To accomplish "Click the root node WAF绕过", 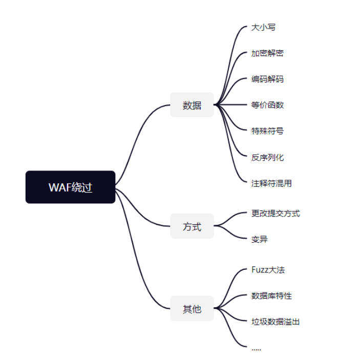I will [70, 187].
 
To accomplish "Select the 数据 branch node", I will [192, 105].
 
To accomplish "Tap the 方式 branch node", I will [192, 226].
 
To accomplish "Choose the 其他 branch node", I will [192, 309].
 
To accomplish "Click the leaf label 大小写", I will [263, 27].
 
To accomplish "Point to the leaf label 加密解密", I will [267, 53].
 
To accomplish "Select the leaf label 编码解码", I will [267, 79].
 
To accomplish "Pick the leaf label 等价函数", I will [267, 105].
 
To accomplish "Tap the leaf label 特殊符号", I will [267, 131].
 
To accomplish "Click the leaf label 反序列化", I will [267, 157].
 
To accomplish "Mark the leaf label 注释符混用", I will [271, 183].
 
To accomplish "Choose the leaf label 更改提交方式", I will [276, 213].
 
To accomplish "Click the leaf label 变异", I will [259, 239].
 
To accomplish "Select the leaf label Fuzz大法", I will [268, 269].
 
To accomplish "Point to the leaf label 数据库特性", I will [271, 295].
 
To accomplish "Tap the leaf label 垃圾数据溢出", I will [276, 322].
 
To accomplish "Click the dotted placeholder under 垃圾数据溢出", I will [256, 349].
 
